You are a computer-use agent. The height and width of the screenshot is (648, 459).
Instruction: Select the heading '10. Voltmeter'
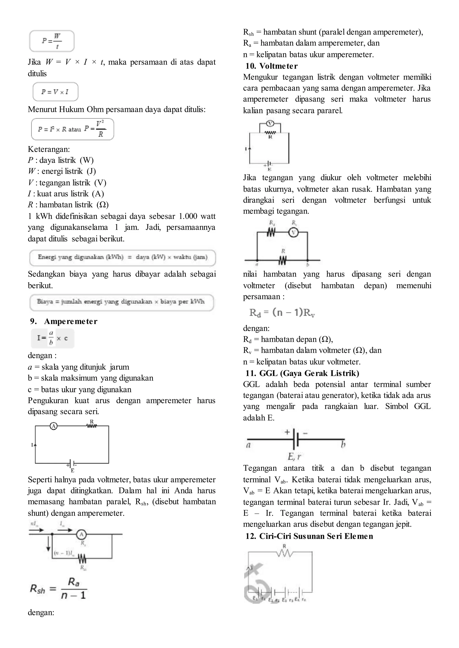click(x=271, y=66)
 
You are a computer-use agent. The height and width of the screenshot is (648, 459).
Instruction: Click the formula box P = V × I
click(x=55, y=92)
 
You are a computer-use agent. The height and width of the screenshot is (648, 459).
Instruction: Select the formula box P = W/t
click(x=52, y=41)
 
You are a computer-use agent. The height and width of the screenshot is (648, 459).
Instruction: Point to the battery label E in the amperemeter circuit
click(x=72, y=471)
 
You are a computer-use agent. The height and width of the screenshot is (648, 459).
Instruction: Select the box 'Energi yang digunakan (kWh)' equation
click(x=122, y=257)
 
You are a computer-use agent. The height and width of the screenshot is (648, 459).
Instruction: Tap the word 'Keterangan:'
click(x=49, y=149)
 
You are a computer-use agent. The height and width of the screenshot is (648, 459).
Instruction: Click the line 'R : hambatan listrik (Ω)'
click(x=68, y=205)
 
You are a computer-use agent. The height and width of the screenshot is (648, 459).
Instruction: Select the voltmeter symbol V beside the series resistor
click(x=294, y=232)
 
